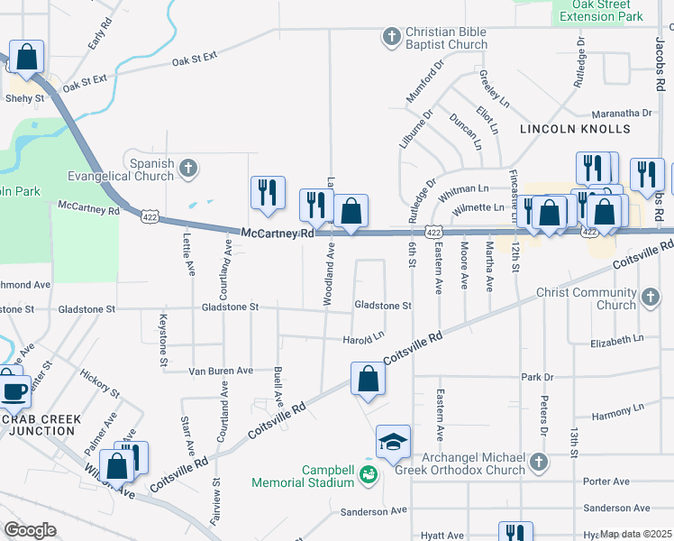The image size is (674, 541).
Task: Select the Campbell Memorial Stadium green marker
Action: (368, 473)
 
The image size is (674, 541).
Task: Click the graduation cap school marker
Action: (393, 443)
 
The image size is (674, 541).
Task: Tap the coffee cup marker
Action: (14, 391)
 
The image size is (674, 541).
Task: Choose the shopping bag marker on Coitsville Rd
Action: (368, 379)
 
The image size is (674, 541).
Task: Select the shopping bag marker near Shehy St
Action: (27, 57)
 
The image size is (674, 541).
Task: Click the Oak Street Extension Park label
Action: (601, 11)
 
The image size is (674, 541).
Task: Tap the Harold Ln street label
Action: (364, 339)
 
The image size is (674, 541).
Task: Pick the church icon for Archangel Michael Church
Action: (538, 463)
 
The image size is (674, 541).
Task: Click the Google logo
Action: (30, 530)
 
